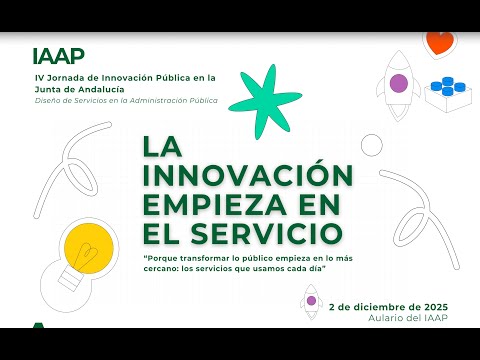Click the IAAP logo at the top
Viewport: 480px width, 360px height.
(x=59, y=56)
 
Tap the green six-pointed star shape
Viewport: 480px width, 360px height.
(x=265, y=101)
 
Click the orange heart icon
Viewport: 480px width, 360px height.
(x=440, y=43)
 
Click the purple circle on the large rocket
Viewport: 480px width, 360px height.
(x=399, y=83)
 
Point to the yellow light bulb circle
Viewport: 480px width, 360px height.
(x=89, y=248)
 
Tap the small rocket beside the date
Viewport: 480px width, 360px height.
(x=311, y=302)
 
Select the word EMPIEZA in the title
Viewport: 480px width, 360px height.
(x=215, y=204)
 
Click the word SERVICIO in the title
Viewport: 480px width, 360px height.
(x=267, y=233)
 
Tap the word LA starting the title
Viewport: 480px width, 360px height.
(x=162, y=146)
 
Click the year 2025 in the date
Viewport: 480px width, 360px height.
(x=436, y=307)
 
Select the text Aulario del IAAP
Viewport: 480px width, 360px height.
(x=408, y=318)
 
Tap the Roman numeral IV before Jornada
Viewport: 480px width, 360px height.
(x=39, y=78)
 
